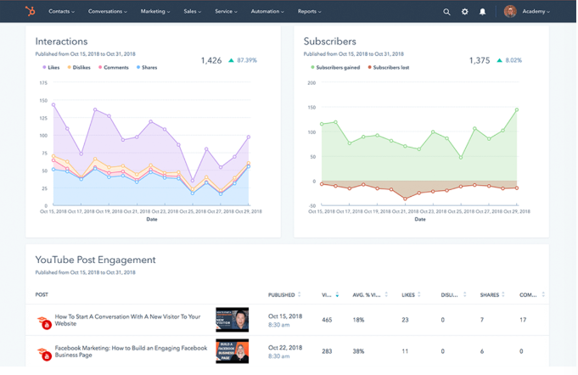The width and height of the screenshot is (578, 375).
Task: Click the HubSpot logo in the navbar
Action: [x=31, y=11]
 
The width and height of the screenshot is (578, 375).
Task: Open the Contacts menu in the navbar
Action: [x=61, y=12]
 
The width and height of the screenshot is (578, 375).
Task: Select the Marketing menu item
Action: [x=154, y=12]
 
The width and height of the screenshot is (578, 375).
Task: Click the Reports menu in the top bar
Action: [x=309, y=12]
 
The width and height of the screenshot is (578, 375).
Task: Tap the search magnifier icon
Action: [x=447, y=12]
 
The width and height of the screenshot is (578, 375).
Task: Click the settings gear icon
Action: [x=465, y=12]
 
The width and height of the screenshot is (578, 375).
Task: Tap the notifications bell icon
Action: [x=483, y=12]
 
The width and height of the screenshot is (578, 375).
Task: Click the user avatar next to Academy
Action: [x=510, y=12]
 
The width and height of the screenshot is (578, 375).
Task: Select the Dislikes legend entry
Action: [x=81, y=67]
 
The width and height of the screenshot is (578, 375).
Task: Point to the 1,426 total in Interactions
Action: [x=211, y=60]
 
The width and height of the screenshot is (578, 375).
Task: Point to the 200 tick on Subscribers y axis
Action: [x=311, y=83]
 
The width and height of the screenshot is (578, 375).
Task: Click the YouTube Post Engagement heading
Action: [x=95, y=260]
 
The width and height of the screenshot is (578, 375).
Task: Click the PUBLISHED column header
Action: [x=283, y=295]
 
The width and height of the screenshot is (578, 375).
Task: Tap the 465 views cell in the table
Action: [x=327, y=320]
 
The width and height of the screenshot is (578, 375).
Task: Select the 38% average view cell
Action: [x=358, y=351]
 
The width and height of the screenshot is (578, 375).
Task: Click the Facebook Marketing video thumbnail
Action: [x=232, y=351]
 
